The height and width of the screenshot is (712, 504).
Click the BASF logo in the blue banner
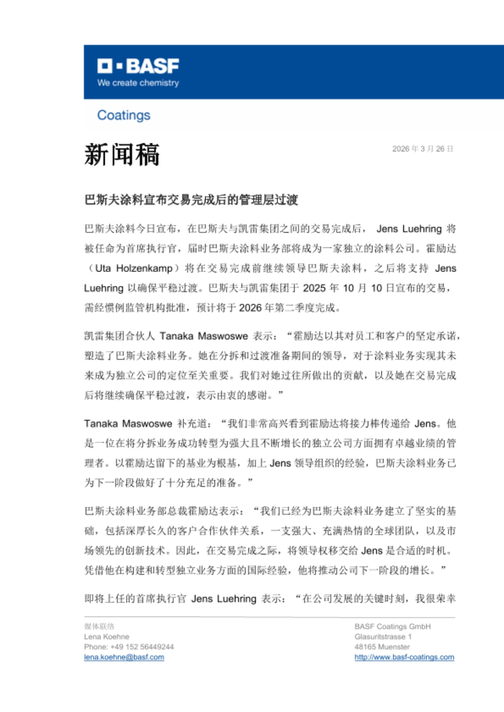point(138,66)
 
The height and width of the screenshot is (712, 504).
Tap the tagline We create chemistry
point(138,83)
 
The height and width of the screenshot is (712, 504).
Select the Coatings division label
point(124,115)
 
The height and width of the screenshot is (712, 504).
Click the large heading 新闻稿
point(122,155)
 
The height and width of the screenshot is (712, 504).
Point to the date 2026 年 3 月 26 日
point(422,149)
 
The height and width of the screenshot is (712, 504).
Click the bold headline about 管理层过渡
point(191,200)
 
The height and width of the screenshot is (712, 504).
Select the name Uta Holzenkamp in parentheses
point(134,268)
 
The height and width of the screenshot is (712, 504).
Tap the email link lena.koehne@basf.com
point(124,657)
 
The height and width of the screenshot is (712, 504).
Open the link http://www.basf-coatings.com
point(404,657)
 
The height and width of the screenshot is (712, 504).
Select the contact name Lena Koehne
point(107,637)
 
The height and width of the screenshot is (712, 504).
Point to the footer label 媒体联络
point(99,627)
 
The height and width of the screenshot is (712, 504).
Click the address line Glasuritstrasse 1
point(383,637)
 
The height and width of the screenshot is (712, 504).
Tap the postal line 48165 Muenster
point(382,647)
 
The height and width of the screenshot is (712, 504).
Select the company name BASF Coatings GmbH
point(392,627)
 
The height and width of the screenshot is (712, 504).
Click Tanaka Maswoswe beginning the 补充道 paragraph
point(128,424)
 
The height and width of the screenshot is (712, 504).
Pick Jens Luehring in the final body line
point(224,599)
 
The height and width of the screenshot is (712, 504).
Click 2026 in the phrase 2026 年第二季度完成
point(250,308)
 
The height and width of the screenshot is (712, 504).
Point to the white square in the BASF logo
point(105,66)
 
